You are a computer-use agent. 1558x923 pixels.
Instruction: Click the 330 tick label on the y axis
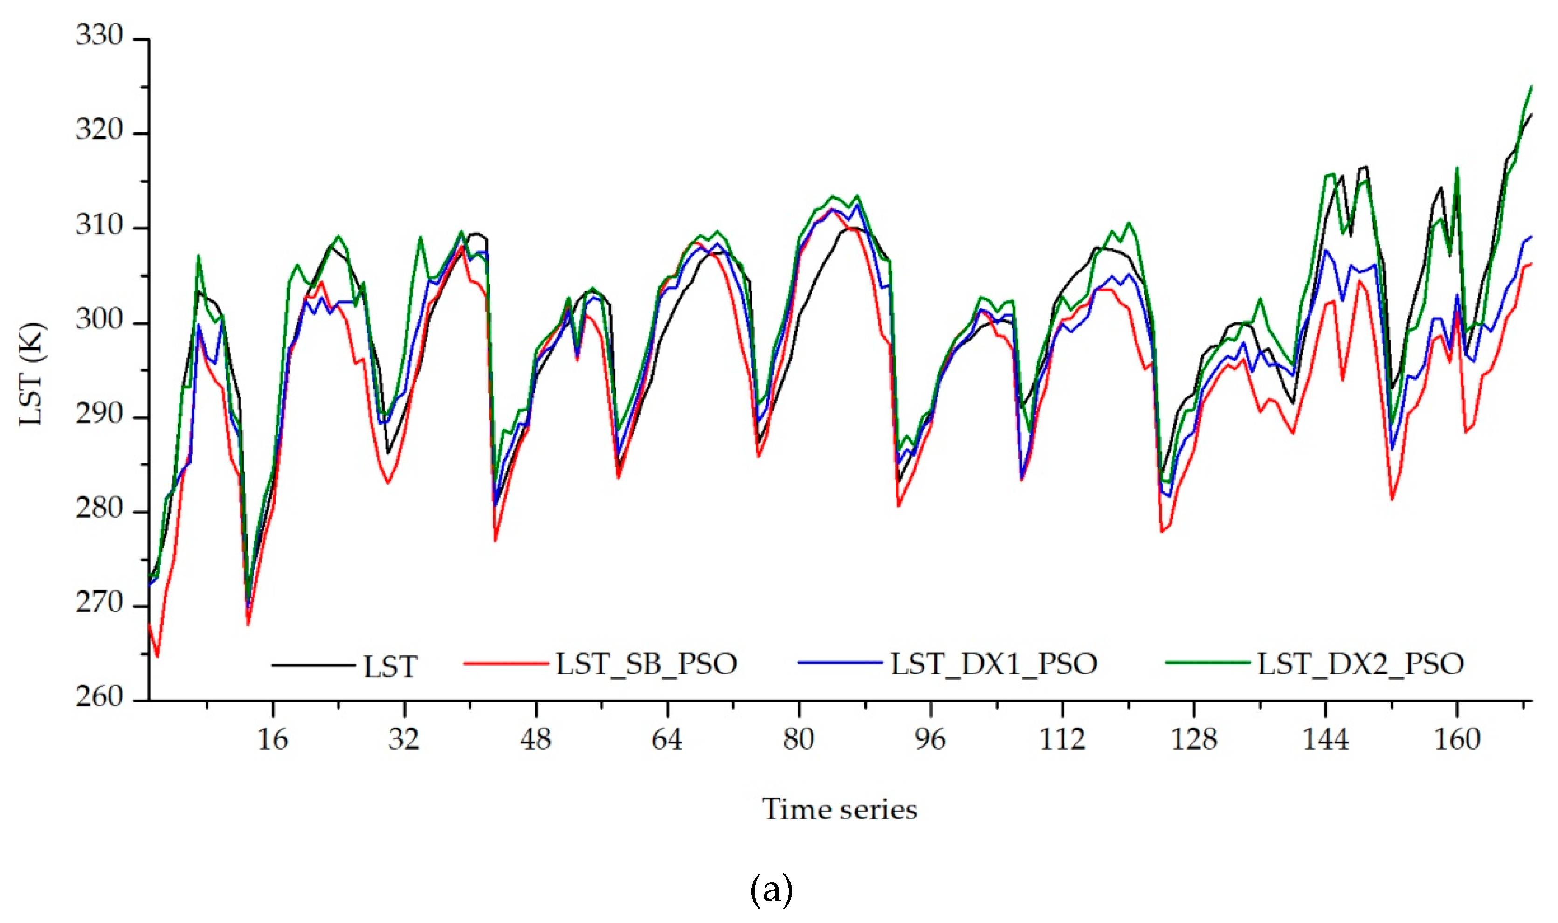[x=99, y=35]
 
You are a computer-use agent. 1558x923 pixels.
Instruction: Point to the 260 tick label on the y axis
[x=99, y=697]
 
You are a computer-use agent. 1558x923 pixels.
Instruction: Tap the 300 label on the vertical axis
[x=99, y=319]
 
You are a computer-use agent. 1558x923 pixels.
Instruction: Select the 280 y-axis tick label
[x=99, y=509]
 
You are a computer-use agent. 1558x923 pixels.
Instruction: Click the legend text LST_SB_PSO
[x=646, y=664]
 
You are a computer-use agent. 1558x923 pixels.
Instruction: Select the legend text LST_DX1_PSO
[x=993, y=664]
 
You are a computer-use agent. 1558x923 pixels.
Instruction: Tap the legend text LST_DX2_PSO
[x=1360, y=664]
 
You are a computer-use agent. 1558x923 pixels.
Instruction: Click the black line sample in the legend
[x=313, y=666]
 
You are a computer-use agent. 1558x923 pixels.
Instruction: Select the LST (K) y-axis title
[x=31, y=374]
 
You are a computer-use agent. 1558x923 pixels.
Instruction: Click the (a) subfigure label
[x=772, y=890]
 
